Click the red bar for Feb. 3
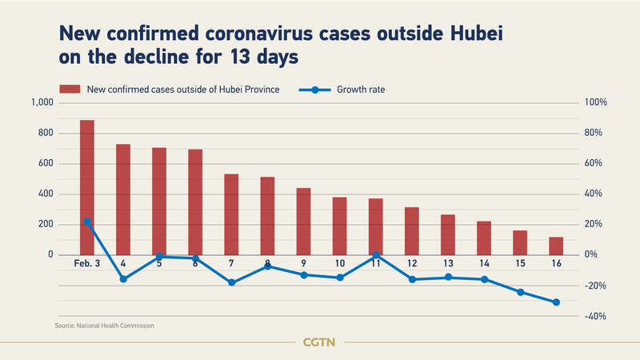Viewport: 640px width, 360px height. click(87, 187)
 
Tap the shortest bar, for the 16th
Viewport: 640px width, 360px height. click(556, 246)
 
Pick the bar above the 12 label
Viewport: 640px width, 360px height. click(412, 231)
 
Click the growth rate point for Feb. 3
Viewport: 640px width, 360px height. click(87, 222)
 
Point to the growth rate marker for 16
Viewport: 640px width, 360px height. click(556, 302)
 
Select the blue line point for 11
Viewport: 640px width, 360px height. click(376, 255)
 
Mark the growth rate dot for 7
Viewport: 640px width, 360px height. click(231, 282)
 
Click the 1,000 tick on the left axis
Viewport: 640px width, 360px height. click(40, 103)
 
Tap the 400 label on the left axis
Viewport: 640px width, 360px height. click(45, 194)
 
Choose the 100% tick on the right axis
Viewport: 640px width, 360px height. click(597, 103)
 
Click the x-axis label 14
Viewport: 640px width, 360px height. click(484, 264)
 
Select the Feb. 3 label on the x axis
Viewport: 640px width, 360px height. click(86, 264)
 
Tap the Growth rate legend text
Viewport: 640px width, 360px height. click(361, 90)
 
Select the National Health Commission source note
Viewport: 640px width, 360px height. click(105, 326)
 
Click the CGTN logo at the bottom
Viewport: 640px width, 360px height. click(319, 342)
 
